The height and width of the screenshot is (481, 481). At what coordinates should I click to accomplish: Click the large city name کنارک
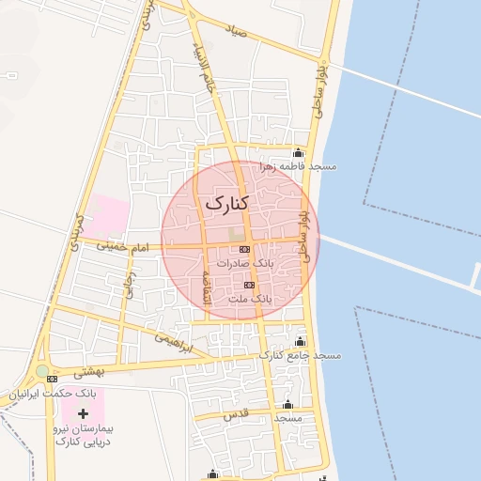pyautogui.click(x=226, y=202)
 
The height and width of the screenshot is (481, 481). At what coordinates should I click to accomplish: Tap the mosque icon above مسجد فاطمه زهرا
pyautogui.click(x=299, y=153)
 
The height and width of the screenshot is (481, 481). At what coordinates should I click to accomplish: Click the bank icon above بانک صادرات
pyautogui.click(x=245, y=249)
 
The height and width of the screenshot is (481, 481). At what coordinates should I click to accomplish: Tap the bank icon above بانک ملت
pyautogui.click(x=249, y=285)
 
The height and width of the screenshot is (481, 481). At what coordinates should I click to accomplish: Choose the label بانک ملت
pyautogui.click(x=249, y=299)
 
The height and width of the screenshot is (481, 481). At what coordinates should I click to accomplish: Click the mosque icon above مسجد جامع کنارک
pyautogui.click(x=300, y=341)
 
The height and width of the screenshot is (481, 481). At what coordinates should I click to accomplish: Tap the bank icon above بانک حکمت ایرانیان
pyautogui.click(x=53, y=379)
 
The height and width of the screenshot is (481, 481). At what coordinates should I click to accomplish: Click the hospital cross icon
pyautogui.click(x=84, y=413)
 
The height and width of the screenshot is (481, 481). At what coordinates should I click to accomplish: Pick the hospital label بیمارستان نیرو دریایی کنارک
pyautogui.click(x=85, y=434)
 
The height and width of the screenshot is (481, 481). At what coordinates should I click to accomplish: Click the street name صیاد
pyautogui.click(x=235, y=31)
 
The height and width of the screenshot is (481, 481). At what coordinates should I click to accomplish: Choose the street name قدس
pyautogui.click(x=232, y=413)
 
